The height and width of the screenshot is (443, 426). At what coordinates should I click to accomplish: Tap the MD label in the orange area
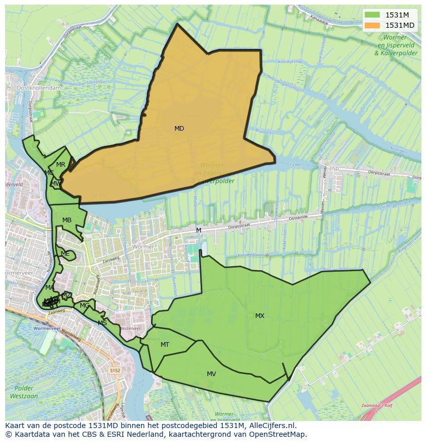pos(179,129)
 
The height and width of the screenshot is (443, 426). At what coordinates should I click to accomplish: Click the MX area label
pos(260,316)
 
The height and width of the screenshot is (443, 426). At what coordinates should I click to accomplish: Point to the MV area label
pos(211,374)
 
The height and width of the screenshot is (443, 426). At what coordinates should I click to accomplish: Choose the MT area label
pos(165,345)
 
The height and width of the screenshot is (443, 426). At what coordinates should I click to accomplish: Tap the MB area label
pos(67,220)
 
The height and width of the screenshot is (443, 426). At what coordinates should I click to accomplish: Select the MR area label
pos(61,165)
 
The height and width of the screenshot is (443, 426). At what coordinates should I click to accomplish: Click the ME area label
pos(65,254)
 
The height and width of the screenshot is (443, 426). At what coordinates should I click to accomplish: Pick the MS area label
pos(102,323)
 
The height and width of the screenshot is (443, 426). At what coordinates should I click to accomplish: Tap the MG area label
pos(84,306)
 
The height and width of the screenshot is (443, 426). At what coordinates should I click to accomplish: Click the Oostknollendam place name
pos(39,88)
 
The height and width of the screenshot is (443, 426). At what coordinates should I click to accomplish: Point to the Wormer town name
pos(143,247)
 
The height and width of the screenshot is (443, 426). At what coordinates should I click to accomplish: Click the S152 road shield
pos(115,370)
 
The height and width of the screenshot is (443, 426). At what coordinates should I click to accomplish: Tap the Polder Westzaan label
pos(24,392)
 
